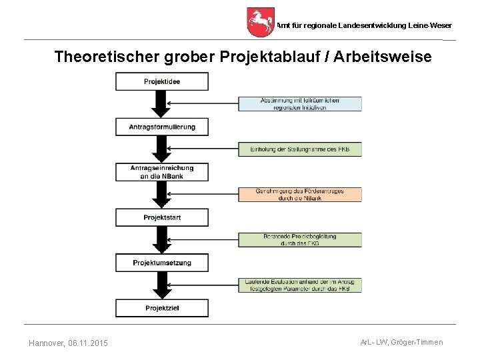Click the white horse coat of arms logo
[260, 22]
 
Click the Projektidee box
[162, 81]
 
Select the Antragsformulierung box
[162, 127]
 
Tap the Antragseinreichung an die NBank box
[162, 172]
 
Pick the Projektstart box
[162, 217]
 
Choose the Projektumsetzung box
[162, 263]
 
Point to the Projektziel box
[162, 307]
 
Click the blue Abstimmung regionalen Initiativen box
[300, 103]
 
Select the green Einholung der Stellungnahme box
[300, 149]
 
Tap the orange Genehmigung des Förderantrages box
[300, 194]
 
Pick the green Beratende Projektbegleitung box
[300, 239]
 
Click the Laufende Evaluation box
[300, 285]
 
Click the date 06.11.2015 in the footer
[88, 343]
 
